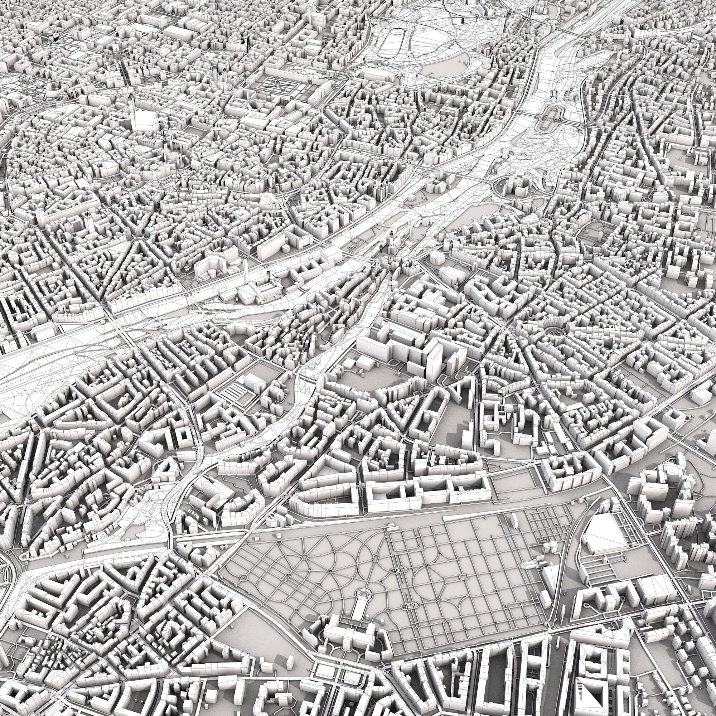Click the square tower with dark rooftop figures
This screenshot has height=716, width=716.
88,222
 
